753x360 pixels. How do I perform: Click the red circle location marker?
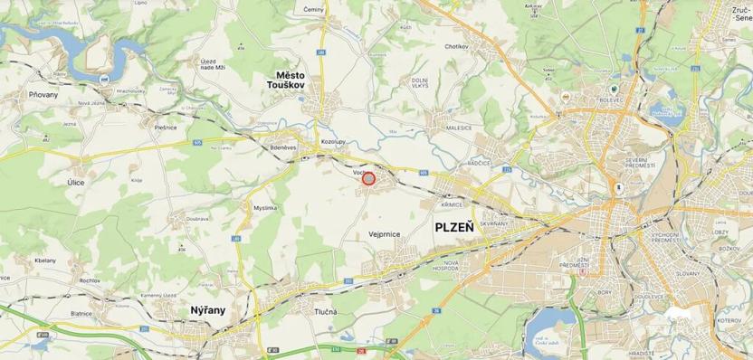coord(368,179)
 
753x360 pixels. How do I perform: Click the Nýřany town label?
coord(208,310)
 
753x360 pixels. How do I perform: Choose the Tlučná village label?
coord(327,311)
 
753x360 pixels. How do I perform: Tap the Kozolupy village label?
coord(334,142)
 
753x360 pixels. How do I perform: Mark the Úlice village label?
coord(76,183)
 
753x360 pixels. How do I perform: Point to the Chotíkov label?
coord(456,45)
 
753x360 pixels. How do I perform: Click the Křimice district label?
coord(453,204)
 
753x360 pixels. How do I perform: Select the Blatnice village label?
coord(82,312)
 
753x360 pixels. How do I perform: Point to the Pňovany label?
coord(43,93)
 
